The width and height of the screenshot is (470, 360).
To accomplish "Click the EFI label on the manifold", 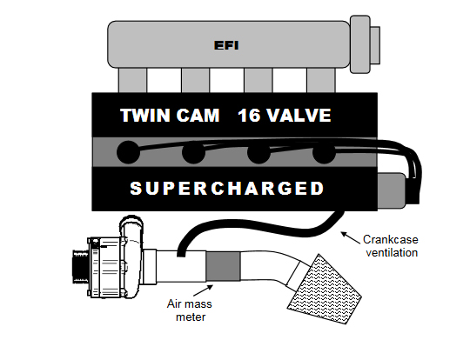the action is [x=226, y=45].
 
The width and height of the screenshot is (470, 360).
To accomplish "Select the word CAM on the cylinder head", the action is [x=198, y=116].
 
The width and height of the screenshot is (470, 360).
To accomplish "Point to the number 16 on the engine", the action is [x=249, y=116].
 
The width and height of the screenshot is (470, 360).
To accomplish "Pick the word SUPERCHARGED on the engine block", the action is [x=227, y=189].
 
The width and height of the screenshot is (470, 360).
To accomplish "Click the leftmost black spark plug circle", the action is [x=128, y=152].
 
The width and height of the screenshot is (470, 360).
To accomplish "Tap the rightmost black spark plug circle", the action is [x=324, y=152].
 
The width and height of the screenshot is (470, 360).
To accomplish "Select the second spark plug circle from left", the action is [x=193, y=152].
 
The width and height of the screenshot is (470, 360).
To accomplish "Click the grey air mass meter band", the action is [x=223, y=266].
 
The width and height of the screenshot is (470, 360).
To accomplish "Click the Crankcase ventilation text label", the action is [x=391, y=246].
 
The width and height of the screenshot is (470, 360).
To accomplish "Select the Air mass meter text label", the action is [x=190, y=310].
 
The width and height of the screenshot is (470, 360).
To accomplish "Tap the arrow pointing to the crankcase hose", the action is [x=351, y=237].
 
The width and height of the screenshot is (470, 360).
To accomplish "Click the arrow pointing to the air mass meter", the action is [x=203, y=290].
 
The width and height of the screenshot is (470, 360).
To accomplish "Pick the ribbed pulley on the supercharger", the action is [x=80, y=267].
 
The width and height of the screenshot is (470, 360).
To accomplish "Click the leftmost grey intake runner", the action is [x=132, y=80].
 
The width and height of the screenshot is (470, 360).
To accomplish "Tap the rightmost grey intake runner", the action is [x=321, y=80].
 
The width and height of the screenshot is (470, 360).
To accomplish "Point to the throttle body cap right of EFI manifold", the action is [x=365, y=44].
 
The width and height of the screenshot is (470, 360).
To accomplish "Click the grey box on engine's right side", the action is [x=392, y=190].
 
